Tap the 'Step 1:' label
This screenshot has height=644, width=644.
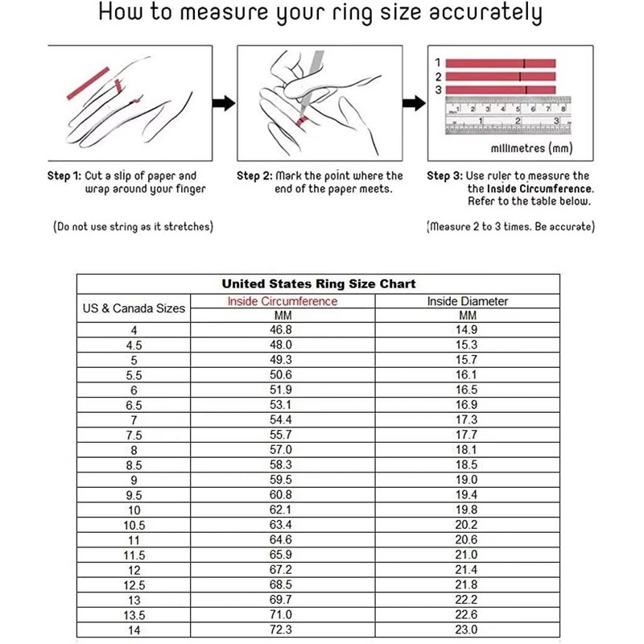(64, 175)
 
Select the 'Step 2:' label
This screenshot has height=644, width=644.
(254, 175)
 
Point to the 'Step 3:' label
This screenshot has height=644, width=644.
(444, 175)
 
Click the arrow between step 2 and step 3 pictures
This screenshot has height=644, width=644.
(413, 103)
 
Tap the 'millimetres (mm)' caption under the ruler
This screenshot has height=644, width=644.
(519, 149)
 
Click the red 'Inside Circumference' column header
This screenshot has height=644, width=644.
(282, 302)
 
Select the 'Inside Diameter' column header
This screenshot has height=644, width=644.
(468, 302)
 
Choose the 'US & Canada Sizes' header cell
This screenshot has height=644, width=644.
(134, 308)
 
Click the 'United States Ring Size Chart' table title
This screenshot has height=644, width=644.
(319, 284)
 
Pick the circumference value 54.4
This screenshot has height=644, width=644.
(282, 420)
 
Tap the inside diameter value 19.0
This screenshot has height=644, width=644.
(468, 480)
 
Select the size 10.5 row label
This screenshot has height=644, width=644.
(134, 525)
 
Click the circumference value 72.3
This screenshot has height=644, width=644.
(282, 630)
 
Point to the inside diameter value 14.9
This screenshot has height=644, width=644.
(468, 330)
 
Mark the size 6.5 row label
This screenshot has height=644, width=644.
(134, 405)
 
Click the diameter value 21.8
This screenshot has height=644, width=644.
(468, 584)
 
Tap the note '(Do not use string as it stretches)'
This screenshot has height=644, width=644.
(133, 227)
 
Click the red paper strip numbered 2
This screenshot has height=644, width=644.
(499, 76)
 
